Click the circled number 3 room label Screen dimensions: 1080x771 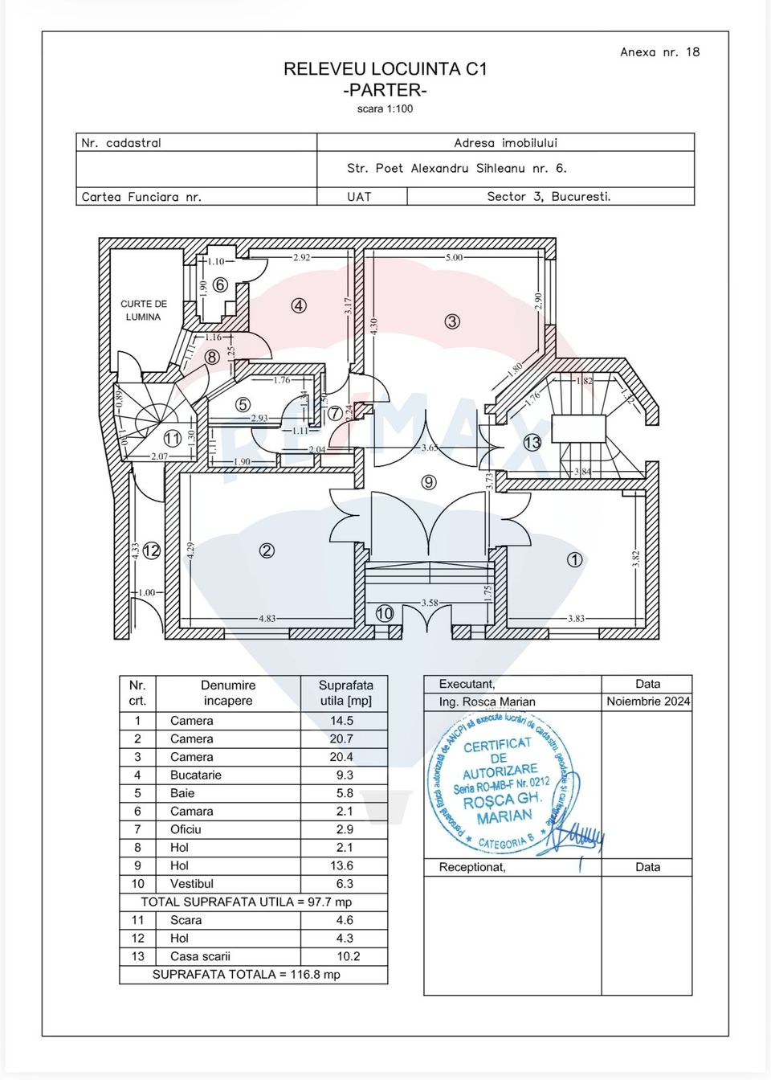[x=452, y=321]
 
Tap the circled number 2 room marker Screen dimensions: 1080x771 [x=267, y=550]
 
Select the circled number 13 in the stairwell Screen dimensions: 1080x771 [x=532, y=443]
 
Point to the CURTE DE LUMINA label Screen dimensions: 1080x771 [x=144, y=310]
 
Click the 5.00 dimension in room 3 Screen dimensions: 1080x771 [x=455, y=258]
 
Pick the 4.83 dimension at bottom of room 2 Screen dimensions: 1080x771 [x=267, y=619]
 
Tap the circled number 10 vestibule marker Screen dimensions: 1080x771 [x=385, y=613]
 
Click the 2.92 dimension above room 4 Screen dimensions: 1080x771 [x=301, y=258]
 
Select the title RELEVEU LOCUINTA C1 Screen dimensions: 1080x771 [x=385, y=69]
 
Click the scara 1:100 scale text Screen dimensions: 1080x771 [x=385, y=109]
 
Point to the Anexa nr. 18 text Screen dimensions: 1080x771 [x=659, y=52]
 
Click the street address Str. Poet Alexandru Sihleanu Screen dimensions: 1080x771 [x=456, y=169]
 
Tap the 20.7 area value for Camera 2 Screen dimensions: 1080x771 [x=341, y=738]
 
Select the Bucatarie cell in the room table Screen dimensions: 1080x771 [x=195, y=775]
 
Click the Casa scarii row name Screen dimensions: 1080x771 [x=200, y=956]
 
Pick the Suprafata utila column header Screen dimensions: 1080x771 [x=345, y=693]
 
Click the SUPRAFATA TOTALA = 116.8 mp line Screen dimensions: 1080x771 [x=247, y=975]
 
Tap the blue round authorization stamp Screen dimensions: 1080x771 [x=502, y=783]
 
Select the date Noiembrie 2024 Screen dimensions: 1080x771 [x=647, y=702]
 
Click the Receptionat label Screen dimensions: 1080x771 [x=472, y=867]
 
